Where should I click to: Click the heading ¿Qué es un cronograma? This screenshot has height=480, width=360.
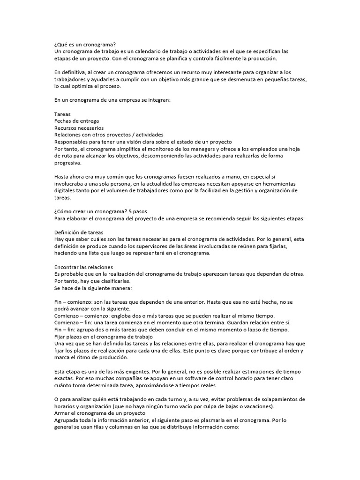pyautogui.click(x=84, y=45)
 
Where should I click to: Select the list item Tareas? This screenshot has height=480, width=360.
pyautogui.click(x=62, y=114)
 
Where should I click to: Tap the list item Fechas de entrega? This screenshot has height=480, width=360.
pyautogui.click(x=76, y=121)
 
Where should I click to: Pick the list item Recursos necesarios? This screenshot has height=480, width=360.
pyautogui.click(x=79, y=128)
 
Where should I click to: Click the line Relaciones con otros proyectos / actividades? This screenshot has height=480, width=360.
pyautogui.click(x=109, y=135)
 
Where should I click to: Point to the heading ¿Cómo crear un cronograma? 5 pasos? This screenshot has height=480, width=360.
pyautogui.click(x=100, y=211)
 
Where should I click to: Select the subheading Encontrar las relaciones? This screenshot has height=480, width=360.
pyautogui.click(x=83, y=267)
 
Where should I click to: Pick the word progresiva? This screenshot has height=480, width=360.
pyautogui.click(x=67, y=163)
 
